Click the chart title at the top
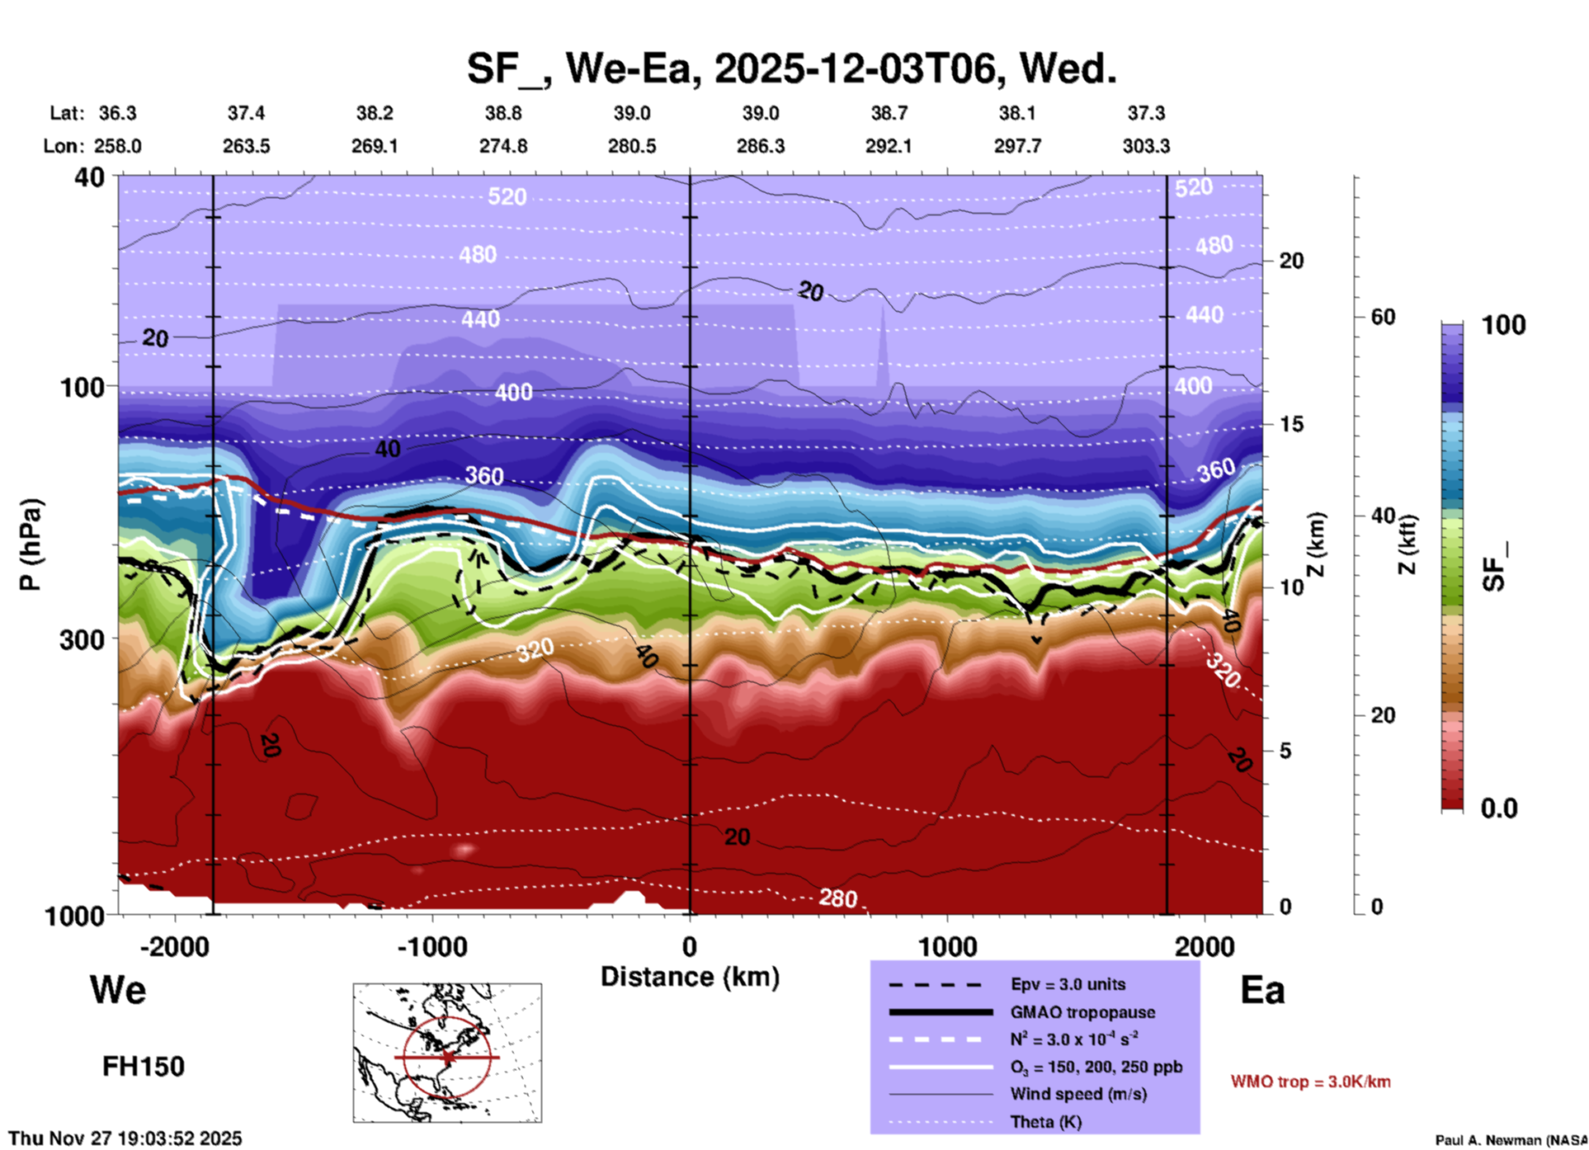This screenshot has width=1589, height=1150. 792,68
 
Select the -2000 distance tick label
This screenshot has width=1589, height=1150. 175,945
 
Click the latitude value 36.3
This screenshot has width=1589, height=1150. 117,113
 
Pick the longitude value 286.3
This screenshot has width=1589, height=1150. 760,146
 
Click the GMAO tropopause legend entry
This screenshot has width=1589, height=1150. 1082,1012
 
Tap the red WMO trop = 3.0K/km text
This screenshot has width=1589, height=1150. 1310,1082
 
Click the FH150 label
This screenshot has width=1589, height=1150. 144,1067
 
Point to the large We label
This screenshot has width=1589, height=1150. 118,989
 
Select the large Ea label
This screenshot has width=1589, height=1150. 1262,990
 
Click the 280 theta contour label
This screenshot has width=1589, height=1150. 837,898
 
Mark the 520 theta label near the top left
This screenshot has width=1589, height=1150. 507,196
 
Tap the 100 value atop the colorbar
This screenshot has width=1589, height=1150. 1503,325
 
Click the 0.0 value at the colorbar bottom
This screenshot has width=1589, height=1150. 1499,808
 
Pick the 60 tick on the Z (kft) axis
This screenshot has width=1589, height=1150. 1383,317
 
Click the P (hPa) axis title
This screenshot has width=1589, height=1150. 31,544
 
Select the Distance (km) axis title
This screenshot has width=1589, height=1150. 690,977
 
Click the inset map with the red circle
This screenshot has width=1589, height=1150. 447,1053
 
